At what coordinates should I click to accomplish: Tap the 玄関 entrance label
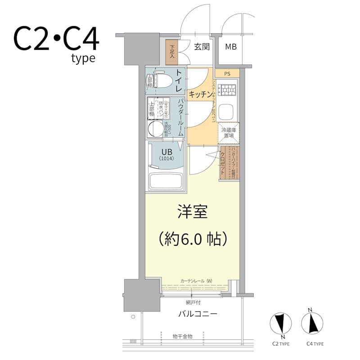(202, 47)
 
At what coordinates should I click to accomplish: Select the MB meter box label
(231, 47)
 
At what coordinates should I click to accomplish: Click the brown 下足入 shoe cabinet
(171, 53)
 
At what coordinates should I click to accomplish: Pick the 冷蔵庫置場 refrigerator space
(229, 133)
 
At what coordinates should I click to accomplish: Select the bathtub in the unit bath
(165, 181)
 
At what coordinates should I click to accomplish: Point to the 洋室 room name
(192, 212)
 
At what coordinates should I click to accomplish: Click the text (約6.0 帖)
(192, 238)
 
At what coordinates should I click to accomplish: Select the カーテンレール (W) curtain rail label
(196, 281)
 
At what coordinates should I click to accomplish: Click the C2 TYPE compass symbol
(280, 324)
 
